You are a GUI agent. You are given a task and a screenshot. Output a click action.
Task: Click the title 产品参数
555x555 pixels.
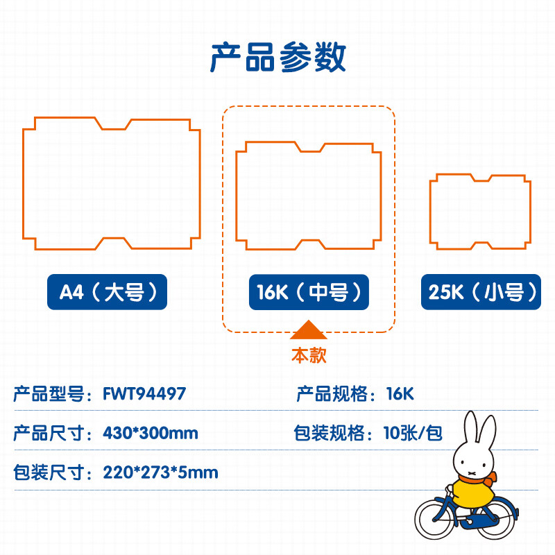(x=278, y=58)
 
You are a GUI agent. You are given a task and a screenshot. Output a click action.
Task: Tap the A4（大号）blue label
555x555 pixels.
(x=107, y=292)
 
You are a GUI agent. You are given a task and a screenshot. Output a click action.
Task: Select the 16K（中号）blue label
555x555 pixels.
(x=309, y=292)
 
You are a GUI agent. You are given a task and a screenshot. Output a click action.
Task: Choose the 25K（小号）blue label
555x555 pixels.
(x=481, y=292)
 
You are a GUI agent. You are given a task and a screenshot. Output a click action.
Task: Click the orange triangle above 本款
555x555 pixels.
(x=309, y=330)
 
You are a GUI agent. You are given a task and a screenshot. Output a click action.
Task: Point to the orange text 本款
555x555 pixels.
(x=309, y=355)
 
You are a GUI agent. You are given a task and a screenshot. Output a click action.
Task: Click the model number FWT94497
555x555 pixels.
(x=144, y=393)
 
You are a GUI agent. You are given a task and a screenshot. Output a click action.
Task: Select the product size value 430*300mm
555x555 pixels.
(x=151, y=433)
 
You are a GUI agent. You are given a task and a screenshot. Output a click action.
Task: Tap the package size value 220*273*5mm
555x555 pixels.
(x=160, y=472)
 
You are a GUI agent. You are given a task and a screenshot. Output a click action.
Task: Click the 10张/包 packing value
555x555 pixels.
(x=413, y=432)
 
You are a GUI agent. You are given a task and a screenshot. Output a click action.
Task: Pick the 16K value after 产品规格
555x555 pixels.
(x=400, y=393)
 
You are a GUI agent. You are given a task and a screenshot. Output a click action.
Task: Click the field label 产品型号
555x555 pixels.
(x=49, y=394)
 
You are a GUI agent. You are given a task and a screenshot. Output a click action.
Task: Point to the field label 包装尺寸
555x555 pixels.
(x=49, y=472)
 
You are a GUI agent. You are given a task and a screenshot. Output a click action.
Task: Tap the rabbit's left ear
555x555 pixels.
(x=471, y=430)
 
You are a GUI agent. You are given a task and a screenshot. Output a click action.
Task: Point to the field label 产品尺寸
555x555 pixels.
(x=49, y=433)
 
